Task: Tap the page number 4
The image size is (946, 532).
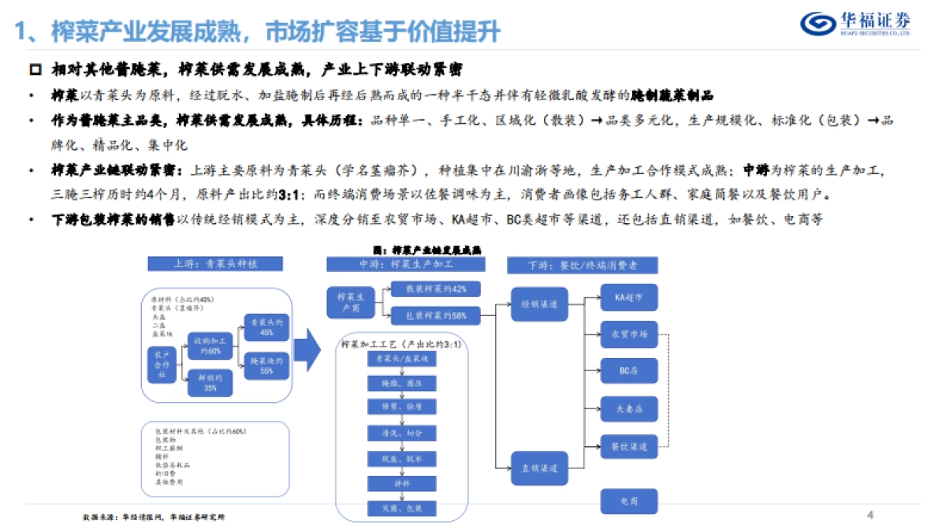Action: click(870, 515)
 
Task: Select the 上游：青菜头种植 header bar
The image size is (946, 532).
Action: click(215, 265)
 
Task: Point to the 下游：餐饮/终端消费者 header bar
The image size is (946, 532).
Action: click(583, 265)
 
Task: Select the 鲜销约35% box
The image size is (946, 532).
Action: click(209, 384)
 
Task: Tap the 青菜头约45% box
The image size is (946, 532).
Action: click(261, 326)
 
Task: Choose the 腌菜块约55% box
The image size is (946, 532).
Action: click(261, 364)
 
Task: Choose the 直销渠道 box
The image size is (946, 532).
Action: click(539, 467)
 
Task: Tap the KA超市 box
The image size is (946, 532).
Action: click(629, 297)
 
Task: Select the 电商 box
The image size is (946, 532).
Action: click(629, 501)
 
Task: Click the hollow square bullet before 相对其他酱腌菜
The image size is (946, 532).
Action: click(35, 70)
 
